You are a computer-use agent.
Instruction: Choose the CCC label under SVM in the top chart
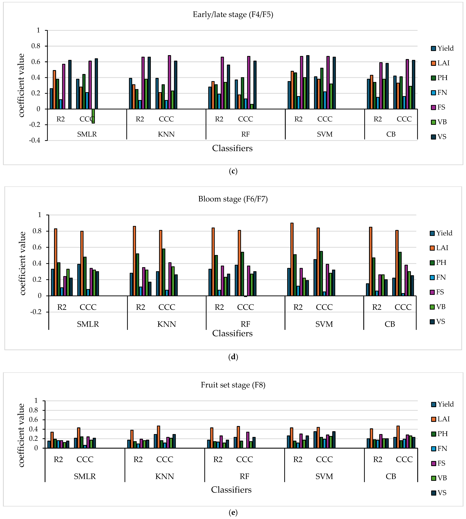[325, 119]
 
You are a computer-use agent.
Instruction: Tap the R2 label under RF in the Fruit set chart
[218, 460]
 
